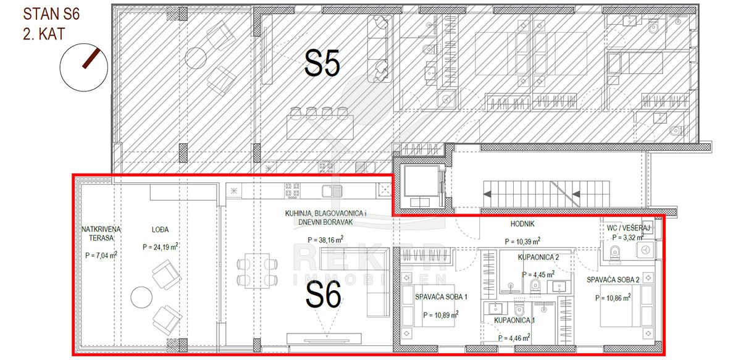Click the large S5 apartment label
pyautogui.click(x=322, y=64)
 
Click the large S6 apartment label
pyautogui.click(x=323, y=295)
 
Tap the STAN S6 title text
pyautogui.click(x=51, y=14)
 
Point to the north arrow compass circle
pyautogui.click(x=84, y=67)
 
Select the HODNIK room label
pyautogui.click(x=522, y=224)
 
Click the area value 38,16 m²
pyautogui.click(x=325, y=239)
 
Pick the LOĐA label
pyautogui.click(x=160, y=230)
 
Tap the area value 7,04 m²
pyautogui.click(x=101, y=255)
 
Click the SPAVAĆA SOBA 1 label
pyautogui.click(x=441, y=297)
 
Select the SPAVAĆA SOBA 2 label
pyautogui.click(x=613, y=280)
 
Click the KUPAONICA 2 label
pyautogui.click(x=538, y=257)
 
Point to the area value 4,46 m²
pyautogui.click(x=514, y=338)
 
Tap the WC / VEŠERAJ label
pyautogui.click(x=628, y=228)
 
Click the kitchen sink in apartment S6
pyautogui.click(x=332, y=191)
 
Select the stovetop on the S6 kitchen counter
pyautogui.click(x=292, y=191)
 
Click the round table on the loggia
pyautogui.click(x=141, y=297)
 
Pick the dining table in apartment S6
pyautogui.click(x=257, y=270)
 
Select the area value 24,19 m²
pyautogui.click(x=161, y=246)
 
